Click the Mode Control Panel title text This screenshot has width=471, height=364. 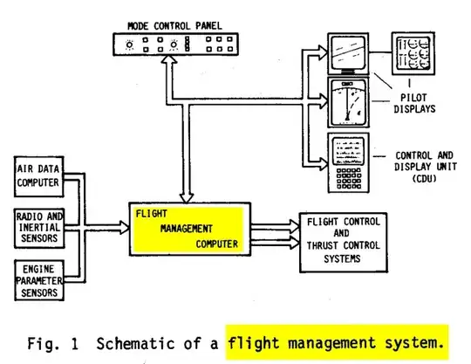click(x=174, y=25)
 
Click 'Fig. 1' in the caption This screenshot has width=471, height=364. click(x=55, y=342)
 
